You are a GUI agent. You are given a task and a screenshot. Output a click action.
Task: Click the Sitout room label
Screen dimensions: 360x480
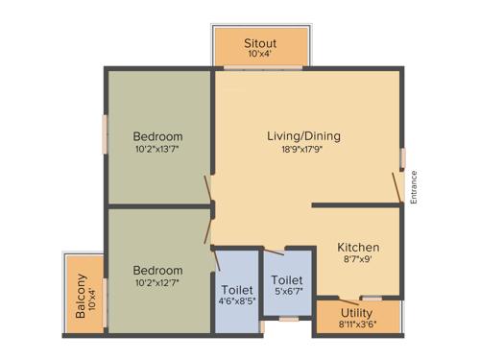pos(261,43)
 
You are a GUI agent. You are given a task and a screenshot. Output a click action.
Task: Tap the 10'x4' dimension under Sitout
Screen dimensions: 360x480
pos(261,56)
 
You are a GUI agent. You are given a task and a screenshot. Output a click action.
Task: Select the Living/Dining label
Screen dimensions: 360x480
pos(303,135)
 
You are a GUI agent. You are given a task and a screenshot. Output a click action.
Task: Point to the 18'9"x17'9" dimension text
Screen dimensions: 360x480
pos(303,149)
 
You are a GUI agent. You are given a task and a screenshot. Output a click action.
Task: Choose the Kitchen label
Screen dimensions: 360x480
pos(358,247)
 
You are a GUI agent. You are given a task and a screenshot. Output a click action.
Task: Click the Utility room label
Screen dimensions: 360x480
pos(357,312)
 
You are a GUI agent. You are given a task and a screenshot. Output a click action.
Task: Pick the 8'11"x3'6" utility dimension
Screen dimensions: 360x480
pos(357,324)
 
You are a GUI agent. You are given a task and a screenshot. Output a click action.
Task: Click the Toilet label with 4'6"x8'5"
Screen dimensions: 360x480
pos(236,289)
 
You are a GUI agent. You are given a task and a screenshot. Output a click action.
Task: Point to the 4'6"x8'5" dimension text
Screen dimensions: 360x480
pos(236,302)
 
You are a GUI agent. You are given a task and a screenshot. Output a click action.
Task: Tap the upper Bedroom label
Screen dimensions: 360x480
pos(158,135)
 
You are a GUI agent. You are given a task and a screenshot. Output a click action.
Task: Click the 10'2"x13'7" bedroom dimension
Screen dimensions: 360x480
pos(158,149)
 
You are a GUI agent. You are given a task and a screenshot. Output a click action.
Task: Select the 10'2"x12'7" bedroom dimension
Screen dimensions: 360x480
pos(158,283)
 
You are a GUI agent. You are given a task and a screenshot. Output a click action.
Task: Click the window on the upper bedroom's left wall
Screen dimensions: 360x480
pos(106,129)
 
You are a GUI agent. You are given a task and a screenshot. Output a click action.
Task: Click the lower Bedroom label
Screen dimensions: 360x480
pos(158,270)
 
